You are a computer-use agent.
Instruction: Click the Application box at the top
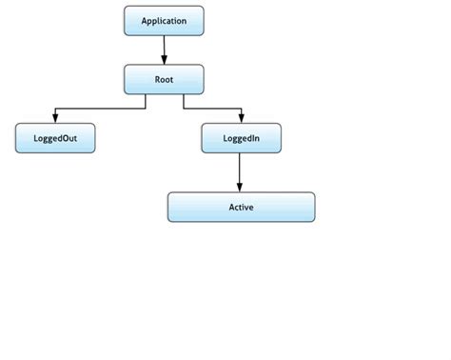[164, 20]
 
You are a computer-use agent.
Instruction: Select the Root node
[164, 79]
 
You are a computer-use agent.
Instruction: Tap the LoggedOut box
[55, 139]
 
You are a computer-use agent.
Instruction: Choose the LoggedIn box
[241, 139]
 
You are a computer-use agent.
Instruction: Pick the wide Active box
[241, 207]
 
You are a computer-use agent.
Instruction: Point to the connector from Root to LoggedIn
[211, 108]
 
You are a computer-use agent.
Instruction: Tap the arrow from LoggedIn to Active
[240, 171]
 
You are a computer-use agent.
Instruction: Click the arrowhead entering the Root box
[164, 59]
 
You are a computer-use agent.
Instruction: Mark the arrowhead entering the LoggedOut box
[55, 119]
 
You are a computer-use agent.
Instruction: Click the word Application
[164, 20]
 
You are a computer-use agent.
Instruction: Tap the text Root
[164, 79]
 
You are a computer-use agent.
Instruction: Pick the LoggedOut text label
[55, 139]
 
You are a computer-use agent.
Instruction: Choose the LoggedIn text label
[241, 139]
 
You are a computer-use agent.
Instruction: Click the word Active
[241, 207]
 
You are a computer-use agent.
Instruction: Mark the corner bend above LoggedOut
[55, 108]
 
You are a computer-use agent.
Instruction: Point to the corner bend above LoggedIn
[240, 108]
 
